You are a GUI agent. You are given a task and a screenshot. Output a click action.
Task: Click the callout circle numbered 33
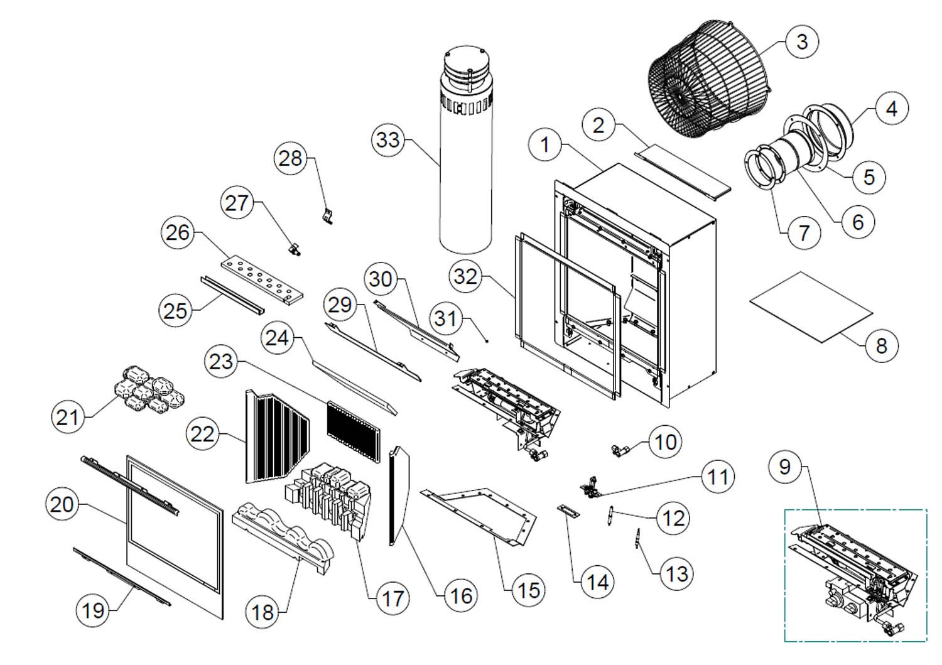tap(389, 139)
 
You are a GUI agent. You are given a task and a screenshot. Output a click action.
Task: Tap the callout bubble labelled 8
tap(881, 345)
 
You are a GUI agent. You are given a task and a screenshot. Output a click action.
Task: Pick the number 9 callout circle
tap(784, 467)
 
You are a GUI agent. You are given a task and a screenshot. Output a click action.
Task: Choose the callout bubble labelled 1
tap(544, 144)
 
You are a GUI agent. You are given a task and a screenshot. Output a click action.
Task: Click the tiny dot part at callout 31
tap(486, 342)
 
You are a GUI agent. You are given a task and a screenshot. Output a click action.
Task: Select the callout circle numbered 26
tap(178, 232)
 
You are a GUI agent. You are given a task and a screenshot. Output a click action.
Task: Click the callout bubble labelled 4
tap(891, 109)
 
